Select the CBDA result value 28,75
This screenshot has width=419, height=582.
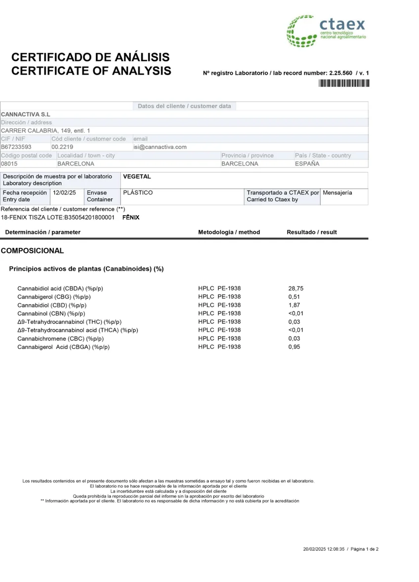pyautogui.click(x=295, y=288)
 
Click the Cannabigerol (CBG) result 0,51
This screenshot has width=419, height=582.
pyautogui.click(x=294, y=297)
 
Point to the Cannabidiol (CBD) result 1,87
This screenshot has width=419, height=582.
pyautogui.click(x=294, y=305)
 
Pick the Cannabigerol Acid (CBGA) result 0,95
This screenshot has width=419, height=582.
pyautogui.click(x=294, y=347)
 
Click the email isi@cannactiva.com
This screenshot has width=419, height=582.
pyautogui.click(x=160, y=147)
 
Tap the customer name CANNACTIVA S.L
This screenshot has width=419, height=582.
pyautogui.click(x=26, y=114)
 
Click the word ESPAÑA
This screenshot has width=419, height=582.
pyautogui.click(x=307, y=163)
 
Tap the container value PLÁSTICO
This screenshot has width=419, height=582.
pyautogui.click(x=137, y=193)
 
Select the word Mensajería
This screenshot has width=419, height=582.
pyautogui.click(x=337, y=193)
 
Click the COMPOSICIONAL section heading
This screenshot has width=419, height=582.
pyautogui.click(x=33, y=251)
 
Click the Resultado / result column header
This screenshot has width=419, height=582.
pyautogui.click(x=312, y=232)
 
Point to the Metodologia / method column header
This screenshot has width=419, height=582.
pyautogui.click(x=229, y=232)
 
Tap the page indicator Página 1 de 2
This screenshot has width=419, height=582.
pyautogui.click(x=365, y=549)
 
